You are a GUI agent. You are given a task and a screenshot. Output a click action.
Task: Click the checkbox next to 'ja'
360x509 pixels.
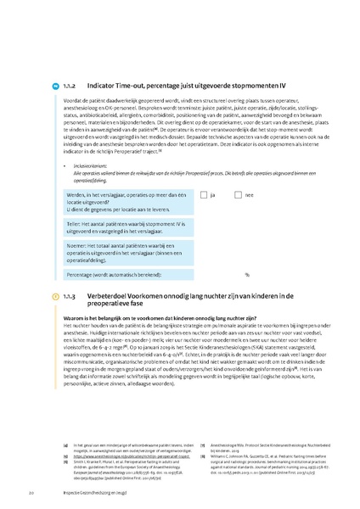pyautogui.click(x=204, y=195)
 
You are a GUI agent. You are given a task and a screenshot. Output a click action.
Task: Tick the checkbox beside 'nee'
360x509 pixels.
pyautogui.click(x=239, y=195)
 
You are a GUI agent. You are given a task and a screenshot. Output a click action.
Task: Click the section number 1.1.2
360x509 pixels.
pyautogui.click(x=70, y=86)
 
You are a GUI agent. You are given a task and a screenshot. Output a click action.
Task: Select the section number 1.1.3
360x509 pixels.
pyautogui.click(x=70, y=295)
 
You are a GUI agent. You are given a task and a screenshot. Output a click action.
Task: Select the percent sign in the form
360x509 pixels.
pyautogui.click(x=247, y=275)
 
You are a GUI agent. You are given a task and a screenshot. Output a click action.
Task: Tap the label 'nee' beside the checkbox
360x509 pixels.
pyautogui.click(x=249, y=195)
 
